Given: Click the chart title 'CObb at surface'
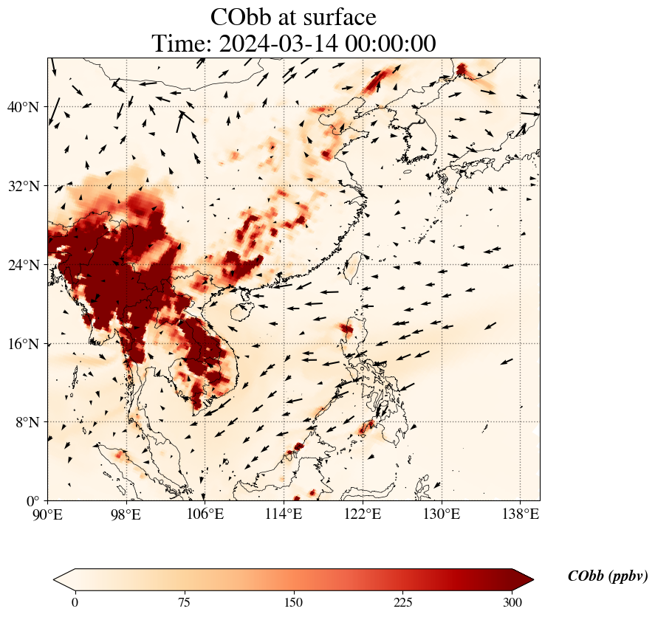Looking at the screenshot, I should click(x=293, y=16).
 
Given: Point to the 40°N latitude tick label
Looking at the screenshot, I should click(x=24, y=107).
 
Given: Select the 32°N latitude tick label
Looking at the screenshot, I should click(x=24, y=186).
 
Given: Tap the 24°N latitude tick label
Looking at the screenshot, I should click(x=24, y=265).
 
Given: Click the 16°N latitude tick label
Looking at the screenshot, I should click(x=24, y=344).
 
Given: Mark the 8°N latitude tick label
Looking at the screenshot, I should click(x=27, y=422).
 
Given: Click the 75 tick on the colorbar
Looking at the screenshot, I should click(x=184, y=602).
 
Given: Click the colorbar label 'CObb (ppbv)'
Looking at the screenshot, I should click(x=608, y=576).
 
